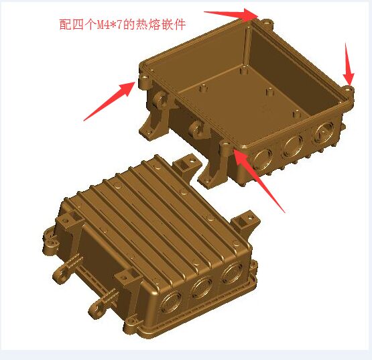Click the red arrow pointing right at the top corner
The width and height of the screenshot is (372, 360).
click(231, 14)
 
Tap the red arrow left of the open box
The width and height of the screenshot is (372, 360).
click(110, 101)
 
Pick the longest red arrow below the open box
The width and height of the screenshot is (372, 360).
click(259, 179)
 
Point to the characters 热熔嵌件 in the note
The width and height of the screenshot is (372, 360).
click(161, 24)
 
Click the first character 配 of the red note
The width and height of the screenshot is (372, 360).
click(65, 24)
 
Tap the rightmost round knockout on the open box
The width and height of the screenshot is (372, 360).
click(323, 133)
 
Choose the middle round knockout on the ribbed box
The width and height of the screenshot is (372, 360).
click(202, 288)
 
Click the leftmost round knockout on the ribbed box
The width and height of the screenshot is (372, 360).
click(171, 304)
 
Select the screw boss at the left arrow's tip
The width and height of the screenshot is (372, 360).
click(145, 79)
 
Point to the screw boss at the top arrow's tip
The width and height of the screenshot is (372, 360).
click(267, 23)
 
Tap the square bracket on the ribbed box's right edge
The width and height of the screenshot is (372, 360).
click(245, 222)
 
